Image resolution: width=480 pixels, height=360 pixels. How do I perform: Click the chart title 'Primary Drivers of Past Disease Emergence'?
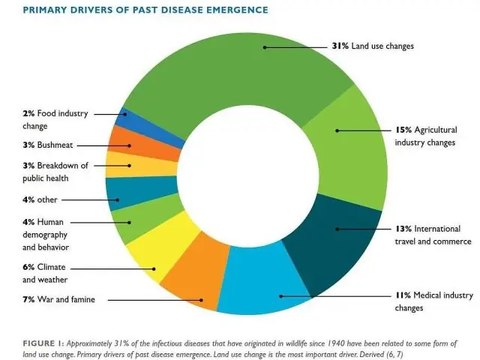134,9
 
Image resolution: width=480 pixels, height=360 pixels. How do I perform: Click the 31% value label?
340,46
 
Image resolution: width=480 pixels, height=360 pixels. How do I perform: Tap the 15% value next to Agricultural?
403,129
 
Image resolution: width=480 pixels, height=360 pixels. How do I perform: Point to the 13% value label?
403,228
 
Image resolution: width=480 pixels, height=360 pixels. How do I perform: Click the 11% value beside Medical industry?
403,295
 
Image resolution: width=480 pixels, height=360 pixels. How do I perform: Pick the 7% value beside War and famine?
29,300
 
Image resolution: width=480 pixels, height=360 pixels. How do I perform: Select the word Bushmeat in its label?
54,145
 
